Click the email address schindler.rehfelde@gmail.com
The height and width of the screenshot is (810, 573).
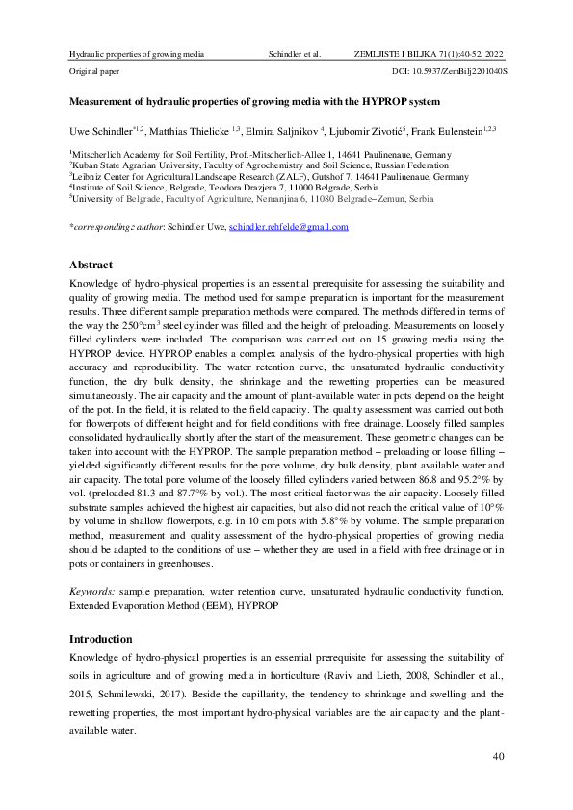point(287,227)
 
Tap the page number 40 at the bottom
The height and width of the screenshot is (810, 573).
point(498,757)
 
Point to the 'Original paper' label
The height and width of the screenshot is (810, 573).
point(95,72)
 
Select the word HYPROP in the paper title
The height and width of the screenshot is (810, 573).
point(387,100)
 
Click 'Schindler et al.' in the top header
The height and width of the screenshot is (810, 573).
point(295,55)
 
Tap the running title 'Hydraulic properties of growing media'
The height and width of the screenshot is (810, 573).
point(131,55)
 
